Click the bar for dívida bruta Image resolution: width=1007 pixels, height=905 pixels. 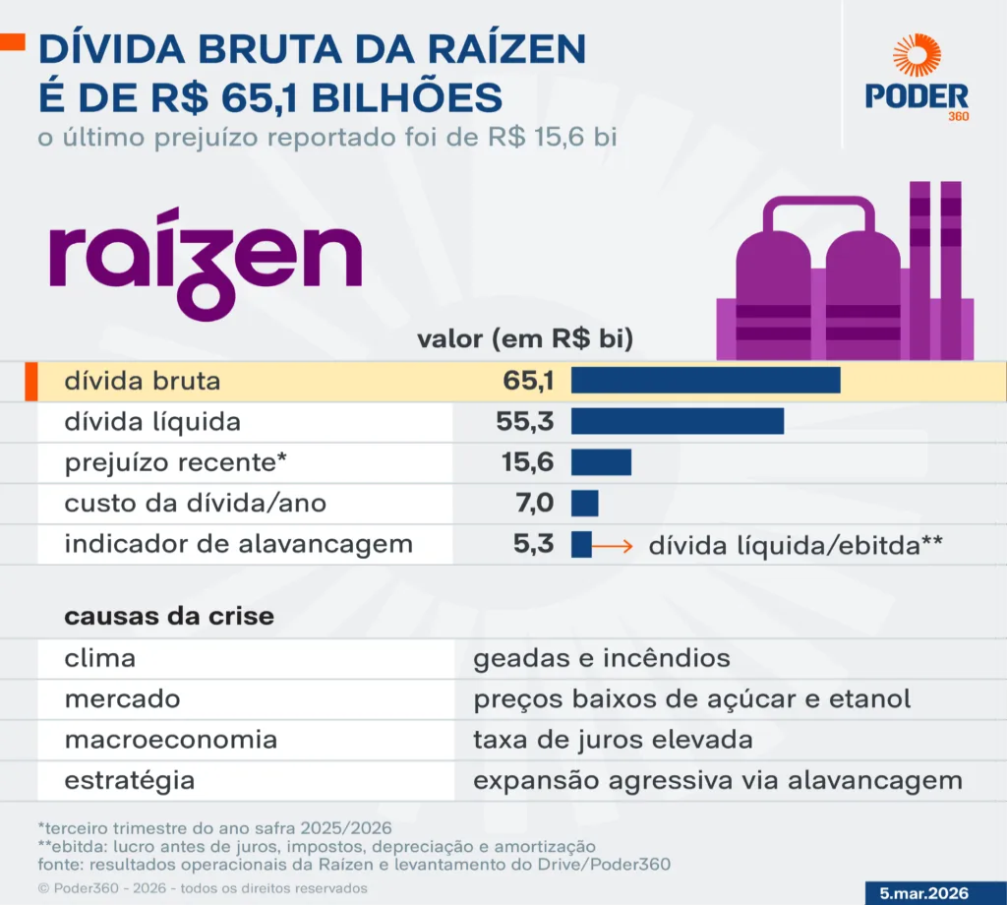pos(705,381)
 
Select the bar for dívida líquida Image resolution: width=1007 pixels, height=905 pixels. pos(677,422)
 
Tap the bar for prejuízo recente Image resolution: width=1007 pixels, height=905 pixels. pos(601,463)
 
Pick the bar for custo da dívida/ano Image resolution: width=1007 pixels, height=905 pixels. pos(584,504)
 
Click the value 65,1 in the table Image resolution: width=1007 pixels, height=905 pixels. pos(527,381)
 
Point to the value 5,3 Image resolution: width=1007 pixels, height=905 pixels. pos(534,544)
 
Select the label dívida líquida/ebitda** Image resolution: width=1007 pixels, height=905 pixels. pos(796,546)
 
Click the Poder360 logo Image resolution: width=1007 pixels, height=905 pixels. pos(917,79)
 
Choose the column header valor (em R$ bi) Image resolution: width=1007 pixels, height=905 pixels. pos(525,339)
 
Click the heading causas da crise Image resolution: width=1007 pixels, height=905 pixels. pos(169,617)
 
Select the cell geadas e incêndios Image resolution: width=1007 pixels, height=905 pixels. pos(602,658)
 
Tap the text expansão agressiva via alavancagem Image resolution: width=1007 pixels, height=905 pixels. pos(718,781)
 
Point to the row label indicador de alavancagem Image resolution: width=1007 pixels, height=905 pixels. pos(238,544)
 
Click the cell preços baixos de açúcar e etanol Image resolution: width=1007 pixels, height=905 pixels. pos(691,699)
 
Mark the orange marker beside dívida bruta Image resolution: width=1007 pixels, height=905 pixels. pos(30,382)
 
